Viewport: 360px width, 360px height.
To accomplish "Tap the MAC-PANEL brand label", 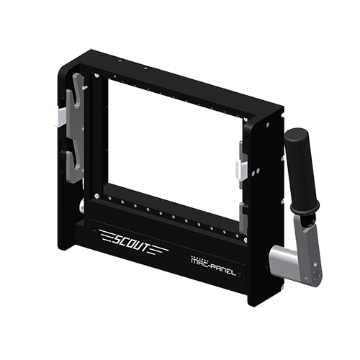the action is click(x=213, y=266).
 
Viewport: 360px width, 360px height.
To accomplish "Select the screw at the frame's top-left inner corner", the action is click(x=96, y=76).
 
